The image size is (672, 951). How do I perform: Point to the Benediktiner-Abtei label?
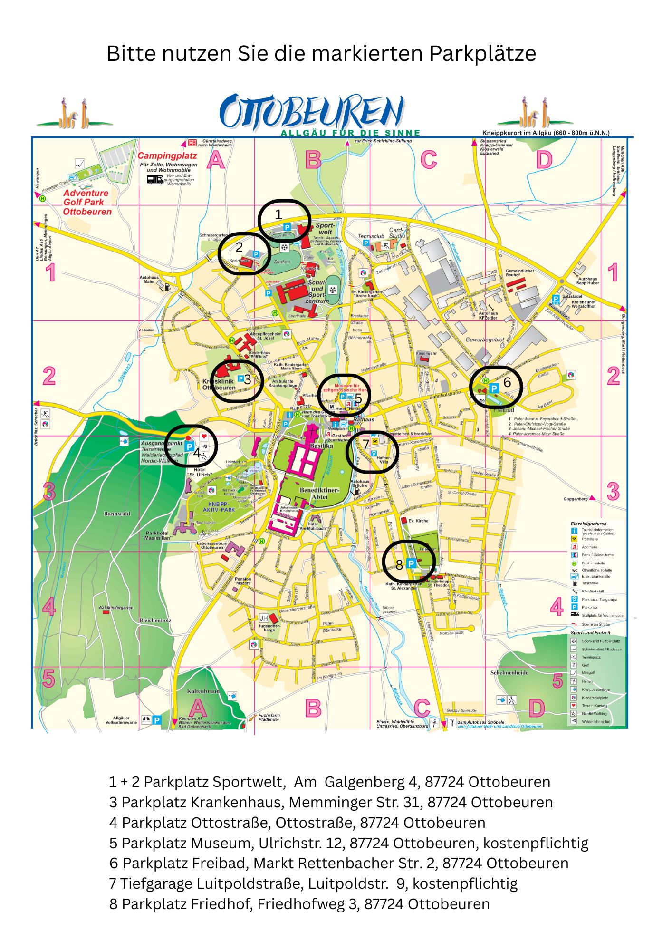pyautogui.click(x=319, y=493)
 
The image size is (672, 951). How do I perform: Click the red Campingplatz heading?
pyautogui.click(x=167, y=156)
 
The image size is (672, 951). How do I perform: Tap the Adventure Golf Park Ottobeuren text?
pyautogui.click(x=87, y=202)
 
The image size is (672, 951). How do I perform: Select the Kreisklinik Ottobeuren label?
pyautogui.click(x=219, y=384)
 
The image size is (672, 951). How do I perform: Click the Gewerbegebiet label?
pyautogui.click(x=484, y=340)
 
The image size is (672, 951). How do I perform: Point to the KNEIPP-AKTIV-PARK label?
pyautogui.click(x=219, y=506)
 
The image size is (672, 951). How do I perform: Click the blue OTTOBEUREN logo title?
pyautogui.click(x=312, y=112)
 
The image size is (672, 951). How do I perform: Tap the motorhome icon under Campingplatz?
pyautogui.click(x=155, y=179)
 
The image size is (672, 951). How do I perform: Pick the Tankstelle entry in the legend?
pyautogui.click(x=590, y=583)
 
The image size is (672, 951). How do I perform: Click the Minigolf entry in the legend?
pyautogui.click(x=588, y=673)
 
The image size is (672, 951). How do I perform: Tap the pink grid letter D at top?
pyautogui.click(x=544, y=160)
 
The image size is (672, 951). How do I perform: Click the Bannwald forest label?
pyautogui.click(x=117, y=514)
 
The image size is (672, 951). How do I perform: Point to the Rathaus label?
pyautogui.click(x=364, y=419)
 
